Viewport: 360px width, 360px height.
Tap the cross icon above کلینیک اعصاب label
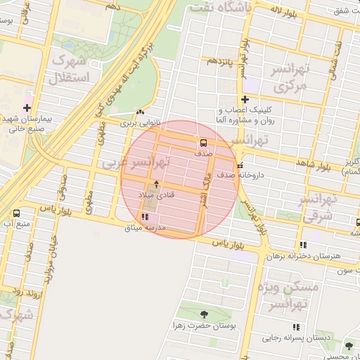click(245, 99)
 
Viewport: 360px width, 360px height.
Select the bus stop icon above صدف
click(203, 141)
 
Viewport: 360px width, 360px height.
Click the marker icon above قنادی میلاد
click(156, 184)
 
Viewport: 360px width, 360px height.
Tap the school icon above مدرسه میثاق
click(145, 217)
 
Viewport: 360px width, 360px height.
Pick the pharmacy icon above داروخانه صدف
click(241, 165)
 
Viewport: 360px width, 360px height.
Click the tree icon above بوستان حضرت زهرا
click(204, 314)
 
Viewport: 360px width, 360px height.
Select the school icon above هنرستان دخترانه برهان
click(302, 245)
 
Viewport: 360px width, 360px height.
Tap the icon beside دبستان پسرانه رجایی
click(296, 327)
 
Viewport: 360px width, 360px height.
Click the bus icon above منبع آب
click(16, 213)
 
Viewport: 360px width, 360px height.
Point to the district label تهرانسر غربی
click(134, 162)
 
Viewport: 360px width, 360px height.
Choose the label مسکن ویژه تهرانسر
click(288, 295)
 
